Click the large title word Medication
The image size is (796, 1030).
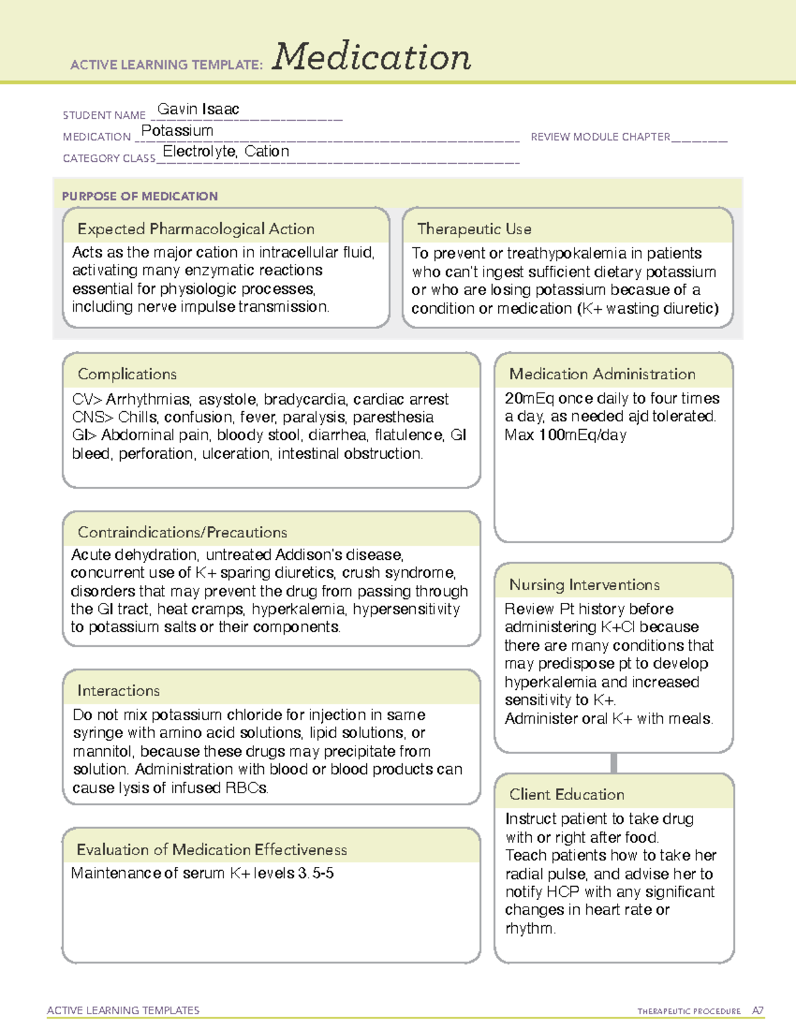click(x=371, y=57)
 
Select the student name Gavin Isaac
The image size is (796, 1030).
click(x=198, y=109)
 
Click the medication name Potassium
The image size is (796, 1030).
click(x=177, y=131)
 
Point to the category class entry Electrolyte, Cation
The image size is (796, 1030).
click(x=226, y=151)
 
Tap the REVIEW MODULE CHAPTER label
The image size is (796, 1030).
click(x=600, y=137)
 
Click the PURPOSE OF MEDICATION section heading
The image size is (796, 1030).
click(x=139, y=196)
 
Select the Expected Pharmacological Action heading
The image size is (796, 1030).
click(x=196, y=229)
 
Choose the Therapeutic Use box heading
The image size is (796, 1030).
click(x=474, y=229)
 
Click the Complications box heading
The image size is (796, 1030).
click(x=127, y=374)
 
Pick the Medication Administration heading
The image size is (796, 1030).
click(x=602, y=374)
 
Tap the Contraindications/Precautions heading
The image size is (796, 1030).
click(x=182, y=532)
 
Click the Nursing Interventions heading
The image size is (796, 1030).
click(x=584, y=584)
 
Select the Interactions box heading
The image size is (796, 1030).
click(x=118, y=690)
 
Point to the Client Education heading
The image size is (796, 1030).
click(x=566, y=794)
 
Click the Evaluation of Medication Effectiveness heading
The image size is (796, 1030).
click(x=212, y=850)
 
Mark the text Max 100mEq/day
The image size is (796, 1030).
click(x=565, y=435)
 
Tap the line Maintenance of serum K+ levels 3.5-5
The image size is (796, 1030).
click(x=202, y=873)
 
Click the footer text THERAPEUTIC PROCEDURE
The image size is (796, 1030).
click(x=689, y=1011)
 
